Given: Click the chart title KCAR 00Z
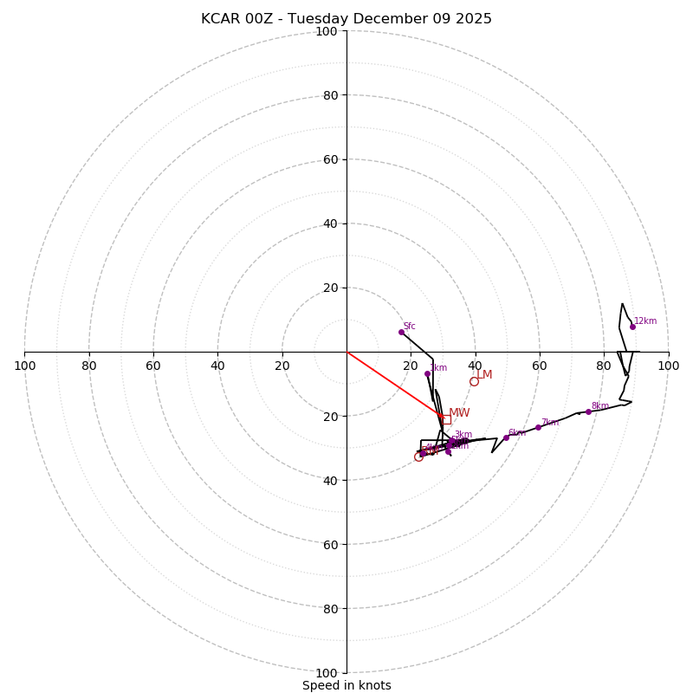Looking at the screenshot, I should point(346,19).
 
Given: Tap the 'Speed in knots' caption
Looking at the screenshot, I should point(346,685).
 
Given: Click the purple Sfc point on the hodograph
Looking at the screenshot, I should point(401,332).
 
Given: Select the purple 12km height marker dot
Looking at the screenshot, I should point(632,327).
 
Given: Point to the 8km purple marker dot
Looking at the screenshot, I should point(588,411).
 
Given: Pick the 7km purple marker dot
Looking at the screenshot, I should point(538,427).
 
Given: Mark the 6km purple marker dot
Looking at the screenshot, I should point(506,437).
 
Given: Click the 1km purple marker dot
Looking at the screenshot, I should point(427,374).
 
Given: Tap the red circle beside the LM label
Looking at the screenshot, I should point(474,381).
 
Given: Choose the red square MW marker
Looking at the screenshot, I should point(446,419).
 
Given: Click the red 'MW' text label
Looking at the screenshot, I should point(459,413).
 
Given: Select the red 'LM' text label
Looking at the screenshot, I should point(484,375).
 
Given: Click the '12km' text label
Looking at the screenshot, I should point(645,321).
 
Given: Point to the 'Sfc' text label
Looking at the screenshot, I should point(410,327).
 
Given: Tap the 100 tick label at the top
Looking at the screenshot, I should point(327,31).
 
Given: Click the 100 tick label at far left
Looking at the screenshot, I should point(24,366).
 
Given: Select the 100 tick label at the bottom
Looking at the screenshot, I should point(327,672).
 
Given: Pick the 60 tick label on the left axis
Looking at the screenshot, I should point(153,366).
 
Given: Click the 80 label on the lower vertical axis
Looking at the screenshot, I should point(329,608).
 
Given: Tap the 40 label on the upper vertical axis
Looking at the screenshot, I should point(329,223).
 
